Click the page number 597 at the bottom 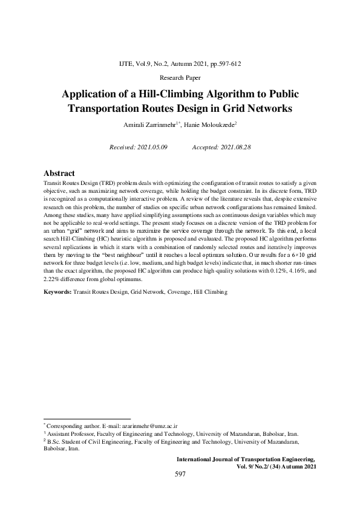coord(180,475)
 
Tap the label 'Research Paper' coord(180,77)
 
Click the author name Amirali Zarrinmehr coord(148,125)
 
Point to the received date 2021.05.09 coord(151,147)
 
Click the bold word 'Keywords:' coord(58,292)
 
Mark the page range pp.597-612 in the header coord(226,63)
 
